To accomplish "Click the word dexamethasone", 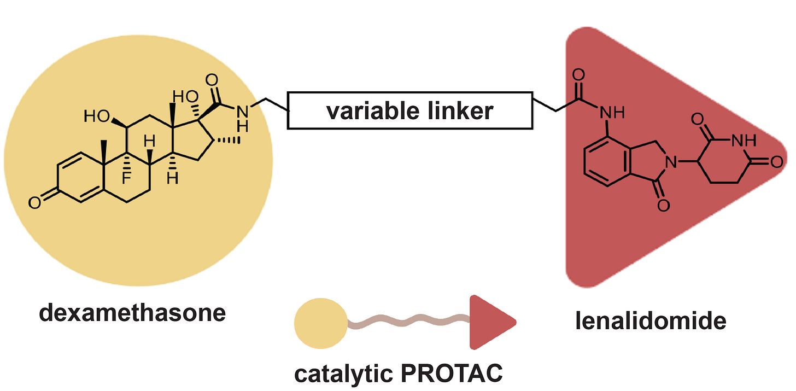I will point(132,313).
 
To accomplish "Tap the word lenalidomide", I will point(650,320).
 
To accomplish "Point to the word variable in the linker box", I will point(367,111).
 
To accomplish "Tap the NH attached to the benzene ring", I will point(612,114).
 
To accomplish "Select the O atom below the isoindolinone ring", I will point(663,205).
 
